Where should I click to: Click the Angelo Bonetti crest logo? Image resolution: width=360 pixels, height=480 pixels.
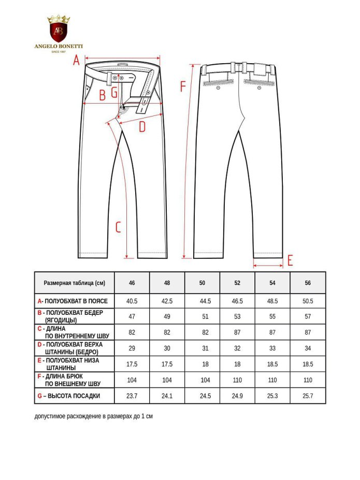(x=58, y=30)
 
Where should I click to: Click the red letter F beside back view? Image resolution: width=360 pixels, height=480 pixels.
(x=182, y=86)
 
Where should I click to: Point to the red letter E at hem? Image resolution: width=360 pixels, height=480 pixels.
(x=290, y=260)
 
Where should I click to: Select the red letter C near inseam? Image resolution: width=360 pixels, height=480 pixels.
(x=118, y=227)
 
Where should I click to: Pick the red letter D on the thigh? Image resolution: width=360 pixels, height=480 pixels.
(x=142, y=126)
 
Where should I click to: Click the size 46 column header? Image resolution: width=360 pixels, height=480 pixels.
(x=132, y=283)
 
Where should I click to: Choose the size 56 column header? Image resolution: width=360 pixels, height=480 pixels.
(x=308, y=283)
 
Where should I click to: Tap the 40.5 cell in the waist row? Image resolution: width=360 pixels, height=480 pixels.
(x=132, y=301)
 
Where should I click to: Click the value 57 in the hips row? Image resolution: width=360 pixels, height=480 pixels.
(x=308, y=316)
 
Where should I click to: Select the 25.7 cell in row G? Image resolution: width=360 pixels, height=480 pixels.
(x=308, y=396)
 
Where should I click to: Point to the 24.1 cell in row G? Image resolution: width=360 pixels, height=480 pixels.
(x=167, y=396)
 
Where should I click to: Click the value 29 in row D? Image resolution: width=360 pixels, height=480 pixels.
(x=132, y=348)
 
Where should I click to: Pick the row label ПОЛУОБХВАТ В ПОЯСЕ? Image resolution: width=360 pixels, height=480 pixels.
(x=76, y=301)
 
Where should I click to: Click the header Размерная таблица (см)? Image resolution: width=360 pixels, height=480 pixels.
(x=74, y=283)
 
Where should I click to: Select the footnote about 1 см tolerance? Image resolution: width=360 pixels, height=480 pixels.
(x=94, y=416)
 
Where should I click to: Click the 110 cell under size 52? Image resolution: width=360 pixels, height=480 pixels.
(x=237, y=380)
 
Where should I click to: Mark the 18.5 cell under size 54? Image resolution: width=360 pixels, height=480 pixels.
(x=272, y=364)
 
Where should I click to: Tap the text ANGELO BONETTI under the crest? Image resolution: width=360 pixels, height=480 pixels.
(x=58, y=46)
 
